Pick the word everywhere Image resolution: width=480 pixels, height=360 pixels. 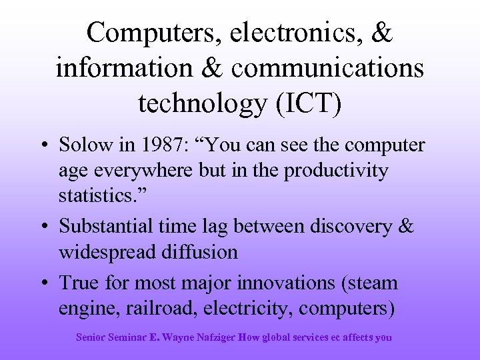[147, 171]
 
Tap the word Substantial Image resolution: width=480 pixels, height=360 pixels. [107, 225]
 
